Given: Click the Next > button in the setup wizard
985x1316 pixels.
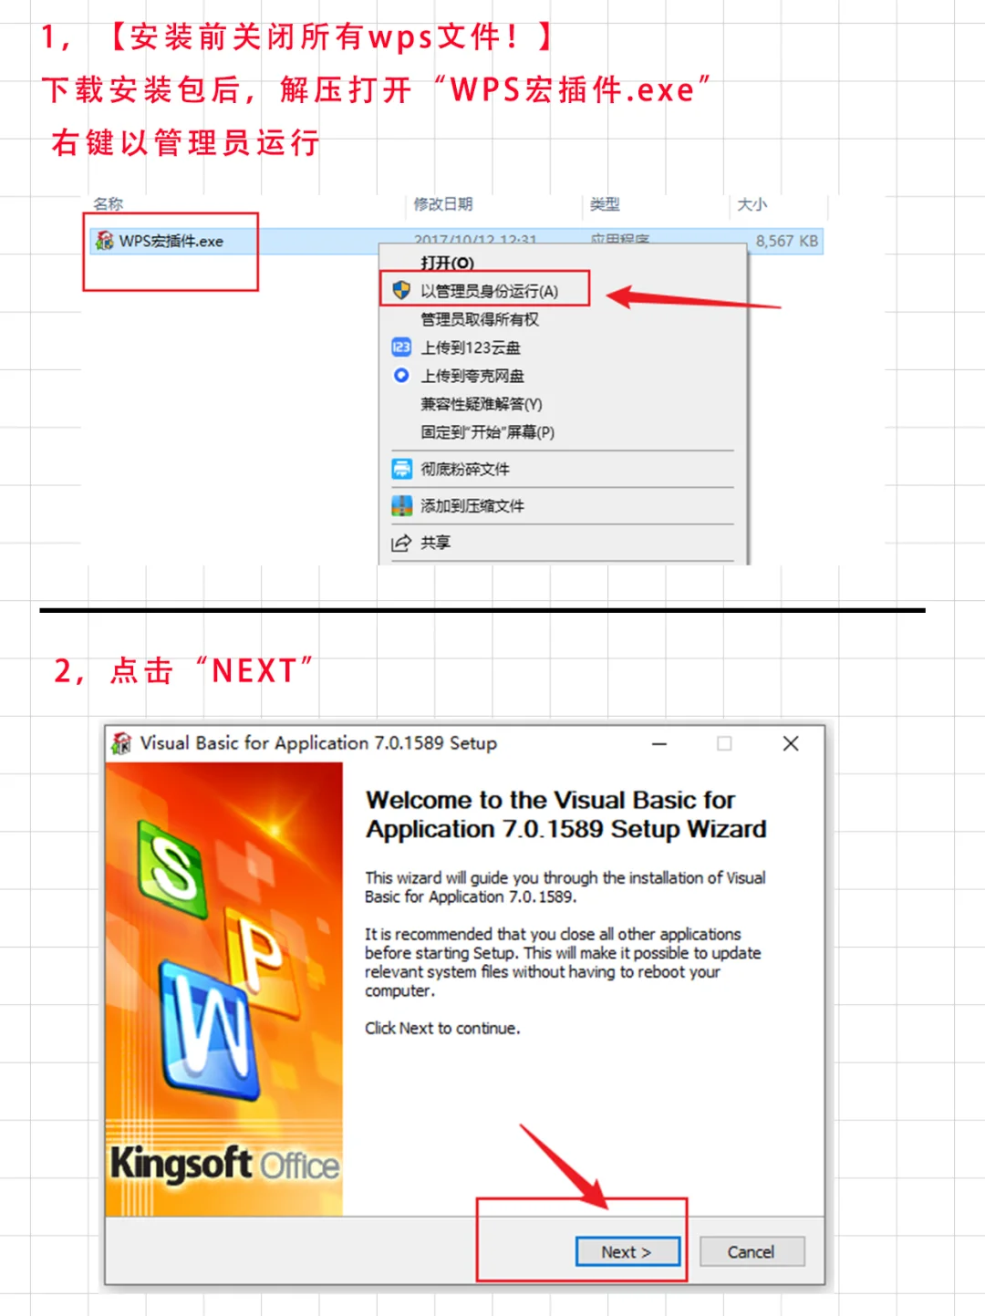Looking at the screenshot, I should pos(627,1252).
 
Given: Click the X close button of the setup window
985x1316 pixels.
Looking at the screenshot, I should pos(791,743).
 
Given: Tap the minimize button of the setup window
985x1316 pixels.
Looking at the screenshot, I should pos(659,744).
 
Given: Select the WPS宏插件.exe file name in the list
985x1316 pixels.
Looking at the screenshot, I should pos(171,241).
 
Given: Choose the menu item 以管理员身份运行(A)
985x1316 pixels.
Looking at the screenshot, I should pos(489,291).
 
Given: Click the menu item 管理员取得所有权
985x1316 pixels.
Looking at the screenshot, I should pos(480,319).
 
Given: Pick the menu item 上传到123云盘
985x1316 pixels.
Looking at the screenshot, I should pos(471,347).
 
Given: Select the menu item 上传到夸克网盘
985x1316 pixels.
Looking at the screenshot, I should pos(472,376).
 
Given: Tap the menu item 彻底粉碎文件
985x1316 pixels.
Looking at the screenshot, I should pos(465,469).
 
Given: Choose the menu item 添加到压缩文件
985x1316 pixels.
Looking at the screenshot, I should pos(472,505).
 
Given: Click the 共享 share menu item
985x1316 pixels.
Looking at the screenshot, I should pos(435,543).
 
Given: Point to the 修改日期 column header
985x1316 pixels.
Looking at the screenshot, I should pos(443,204).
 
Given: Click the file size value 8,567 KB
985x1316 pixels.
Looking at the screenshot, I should pos(786,241).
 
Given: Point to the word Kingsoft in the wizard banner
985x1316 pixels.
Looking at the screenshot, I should pos(181,1164).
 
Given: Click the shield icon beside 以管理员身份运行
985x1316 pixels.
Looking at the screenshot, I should pos(401,290).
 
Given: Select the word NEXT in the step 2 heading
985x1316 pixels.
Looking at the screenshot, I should pos(254,671).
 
